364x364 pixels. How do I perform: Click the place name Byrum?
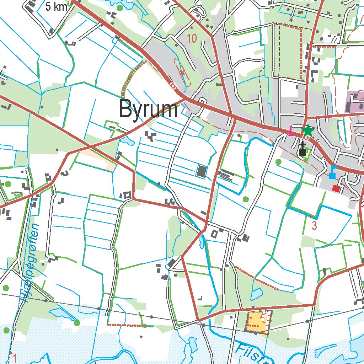point(148,109)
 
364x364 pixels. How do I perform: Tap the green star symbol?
point(308,131)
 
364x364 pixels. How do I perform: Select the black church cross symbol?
point(303,149)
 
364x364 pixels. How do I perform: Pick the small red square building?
point(336,188)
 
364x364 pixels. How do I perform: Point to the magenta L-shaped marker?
point(291,131)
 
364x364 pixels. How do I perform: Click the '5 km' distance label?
point(57,6)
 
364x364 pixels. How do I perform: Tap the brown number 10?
point(192,38)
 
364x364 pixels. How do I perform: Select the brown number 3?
point(314,225)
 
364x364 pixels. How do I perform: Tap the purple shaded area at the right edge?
point(354,101)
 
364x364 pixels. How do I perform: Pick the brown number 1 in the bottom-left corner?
point(15,357)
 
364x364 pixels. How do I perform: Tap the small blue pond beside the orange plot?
point(256,294)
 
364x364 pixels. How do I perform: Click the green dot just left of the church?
point(278,162)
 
